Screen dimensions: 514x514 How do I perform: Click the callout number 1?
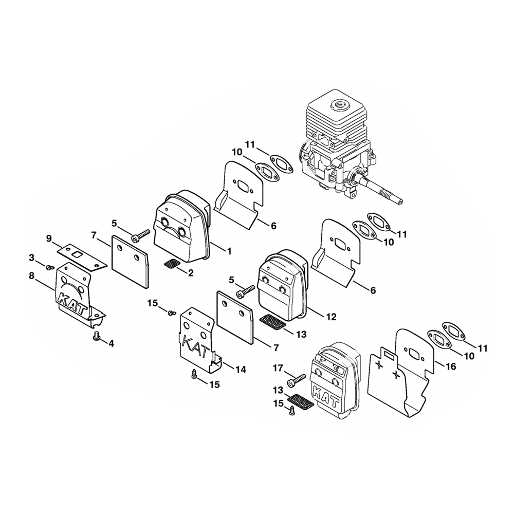[x=229, y=251]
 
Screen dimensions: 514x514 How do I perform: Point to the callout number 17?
[x=277, y=369]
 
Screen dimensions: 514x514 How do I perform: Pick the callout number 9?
[x=49, y=238]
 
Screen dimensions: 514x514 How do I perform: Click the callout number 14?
[x=240, y=369]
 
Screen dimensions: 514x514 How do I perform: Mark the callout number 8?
[x=32, y=276]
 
